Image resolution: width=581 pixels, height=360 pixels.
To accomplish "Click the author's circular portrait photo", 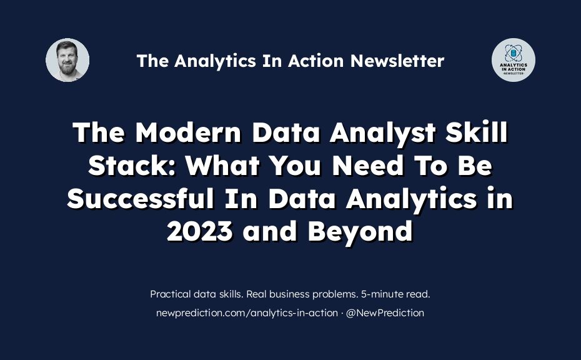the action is pyautogui.click(x=67, y=60).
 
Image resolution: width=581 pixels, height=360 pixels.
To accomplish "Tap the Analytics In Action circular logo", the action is pyautogui.click(x=513, y=60).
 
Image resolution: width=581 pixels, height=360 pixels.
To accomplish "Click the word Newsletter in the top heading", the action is pyautogui.click(x=397, y=61).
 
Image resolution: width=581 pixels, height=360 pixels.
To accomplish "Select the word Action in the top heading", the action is pyautogui.click(x=315, y=61).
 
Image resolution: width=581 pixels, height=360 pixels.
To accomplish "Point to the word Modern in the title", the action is pyautogui.click(x=188, y=132).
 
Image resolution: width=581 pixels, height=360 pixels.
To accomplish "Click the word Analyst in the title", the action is pyautogui.click(x=382, y=133).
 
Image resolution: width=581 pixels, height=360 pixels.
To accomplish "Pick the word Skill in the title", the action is pyautogui.click(x=477, y=132).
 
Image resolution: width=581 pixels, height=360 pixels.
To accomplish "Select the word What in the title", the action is pyautogui.click(x=222, y=166).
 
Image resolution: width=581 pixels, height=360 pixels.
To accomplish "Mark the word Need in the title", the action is pyautogui.click(x=367, y=166).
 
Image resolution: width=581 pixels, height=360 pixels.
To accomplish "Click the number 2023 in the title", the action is pyautogui.click(x=200, y=231).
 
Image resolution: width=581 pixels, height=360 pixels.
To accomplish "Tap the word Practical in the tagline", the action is pyautogui.click(x=171, y=294).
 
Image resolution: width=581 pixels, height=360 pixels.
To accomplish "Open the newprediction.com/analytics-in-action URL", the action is pyautogui.click(x=247, y=313).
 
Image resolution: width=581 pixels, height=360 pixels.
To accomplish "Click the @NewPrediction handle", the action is pyautogui.click(x=385, y=313).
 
